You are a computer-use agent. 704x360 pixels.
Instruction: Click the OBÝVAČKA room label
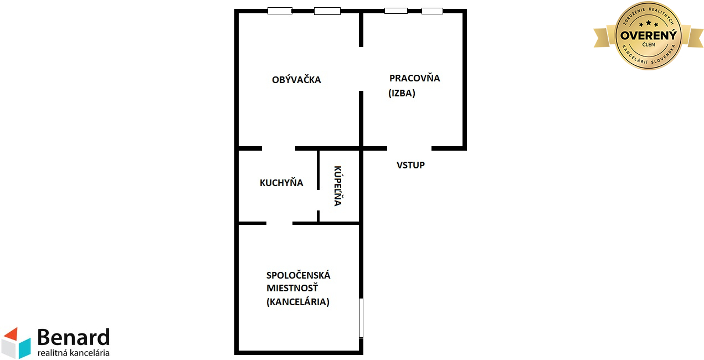tap(296, 79)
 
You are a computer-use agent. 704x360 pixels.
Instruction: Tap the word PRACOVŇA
tap(414, 78)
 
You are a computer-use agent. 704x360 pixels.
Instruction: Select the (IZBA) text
tap(402, 93)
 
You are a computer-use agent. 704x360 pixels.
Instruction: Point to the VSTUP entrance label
tap(410, 165)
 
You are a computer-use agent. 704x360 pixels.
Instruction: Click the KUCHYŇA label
tap(281, 183)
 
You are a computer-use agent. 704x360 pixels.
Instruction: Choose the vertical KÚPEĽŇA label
tap(338, 186)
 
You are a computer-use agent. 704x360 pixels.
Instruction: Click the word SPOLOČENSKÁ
tap(298, 275)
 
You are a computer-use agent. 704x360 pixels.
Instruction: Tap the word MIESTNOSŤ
tap(292, 288)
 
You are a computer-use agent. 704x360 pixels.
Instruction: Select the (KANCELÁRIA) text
tap(298, 302)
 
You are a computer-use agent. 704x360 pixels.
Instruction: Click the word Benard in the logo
tap(74, 337)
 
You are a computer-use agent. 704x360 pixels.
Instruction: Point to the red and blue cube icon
tap(17, 343)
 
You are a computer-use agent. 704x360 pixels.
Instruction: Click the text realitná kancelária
tap(74, 353)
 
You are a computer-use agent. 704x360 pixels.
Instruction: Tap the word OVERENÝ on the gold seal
tap(649, 35)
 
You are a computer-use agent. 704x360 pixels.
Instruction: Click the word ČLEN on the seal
tap(649, 45)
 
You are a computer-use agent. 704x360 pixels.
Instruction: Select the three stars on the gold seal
tap(649, 23)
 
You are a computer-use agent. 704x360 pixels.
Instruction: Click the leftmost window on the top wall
tap(280, 11)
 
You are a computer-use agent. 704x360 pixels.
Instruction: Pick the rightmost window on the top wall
tap(432, 11)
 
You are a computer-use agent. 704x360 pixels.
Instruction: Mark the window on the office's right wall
tap(361, 318)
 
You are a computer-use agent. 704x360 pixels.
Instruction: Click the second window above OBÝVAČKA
tap(327, 11)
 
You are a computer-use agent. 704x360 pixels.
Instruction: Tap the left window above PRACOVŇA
tap(396, 11)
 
